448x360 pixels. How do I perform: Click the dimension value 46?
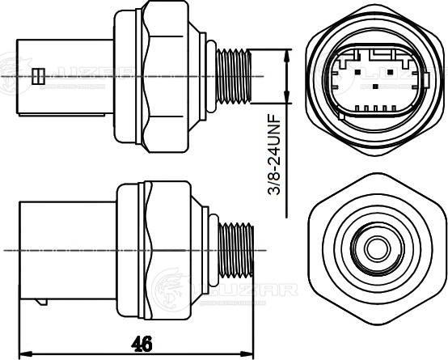click(x=142, y=343)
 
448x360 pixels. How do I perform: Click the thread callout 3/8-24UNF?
click(x=273, y=155)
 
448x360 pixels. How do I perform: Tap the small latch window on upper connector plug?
click(x=38, y=76)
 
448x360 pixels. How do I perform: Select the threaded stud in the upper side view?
click(x=234, y=76)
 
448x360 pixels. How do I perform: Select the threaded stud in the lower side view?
click(x=235, y=251)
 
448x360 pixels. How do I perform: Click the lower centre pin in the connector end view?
click(x=375, y=87)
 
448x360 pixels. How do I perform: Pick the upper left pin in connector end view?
click(x=357, y=72)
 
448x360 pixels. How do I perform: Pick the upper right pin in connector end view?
click(x=390, y=72)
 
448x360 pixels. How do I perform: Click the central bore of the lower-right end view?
click(x=377, y=248)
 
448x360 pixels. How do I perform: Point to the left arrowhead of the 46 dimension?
click(x=23, y=354)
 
